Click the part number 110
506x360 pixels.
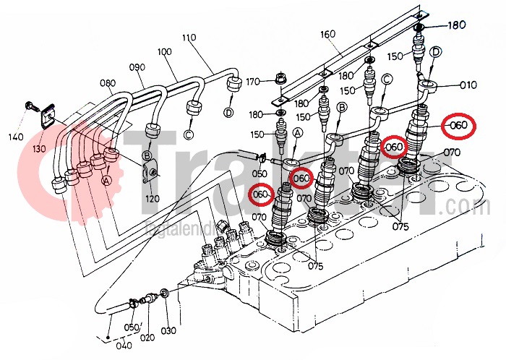pos(189,37)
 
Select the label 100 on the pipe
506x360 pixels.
pos(164,53)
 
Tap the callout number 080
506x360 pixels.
pos(107,82)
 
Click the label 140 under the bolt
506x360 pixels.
pos(16,137)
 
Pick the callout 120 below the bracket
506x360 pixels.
pos(152,197)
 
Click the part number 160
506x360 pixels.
pos(329,34)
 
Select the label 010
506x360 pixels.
pos(468,85)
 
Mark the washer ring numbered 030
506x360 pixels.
pos(166,294)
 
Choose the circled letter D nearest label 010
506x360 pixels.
pos(435,52)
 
